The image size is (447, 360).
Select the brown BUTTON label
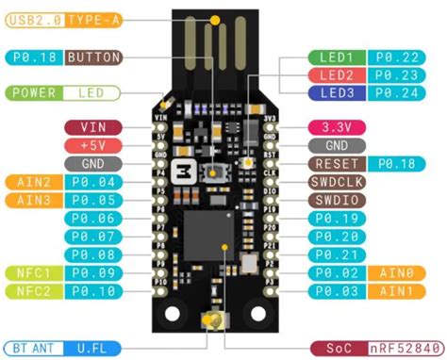[94, 57]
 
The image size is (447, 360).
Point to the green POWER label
[33, 93]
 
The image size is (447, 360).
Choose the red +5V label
[92, 145]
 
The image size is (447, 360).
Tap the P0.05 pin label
[92, 200]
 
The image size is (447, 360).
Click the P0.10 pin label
[92, 291]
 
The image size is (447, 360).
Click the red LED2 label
[336, 75]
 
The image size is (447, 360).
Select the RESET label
[336, 163]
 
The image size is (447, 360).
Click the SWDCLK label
[336, 182]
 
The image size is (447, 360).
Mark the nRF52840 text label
[403, 347]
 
